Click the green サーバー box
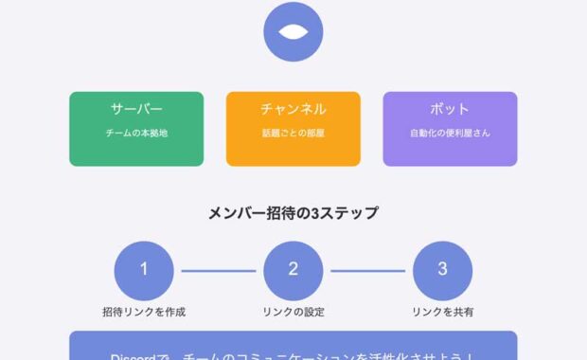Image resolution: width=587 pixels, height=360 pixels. [x=136, y=129]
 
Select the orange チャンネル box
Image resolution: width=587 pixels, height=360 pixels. [x=293, y=129]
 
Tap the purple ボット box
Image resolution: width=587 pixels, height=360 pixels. [x=450, y=129]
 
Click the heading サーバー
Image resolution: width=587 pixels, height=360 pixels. [x=136, y=109]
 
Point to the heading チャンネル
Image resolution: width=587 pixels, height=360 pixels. [x=293, y=109]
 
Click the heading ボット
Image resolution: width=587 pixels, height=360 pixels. [x=450, y=109]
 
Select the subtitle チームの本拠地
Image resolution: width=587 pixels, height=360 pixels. [x=136, y=134]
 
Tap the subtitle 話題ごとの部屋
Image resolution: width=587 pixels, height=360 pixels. [x=293, y=134]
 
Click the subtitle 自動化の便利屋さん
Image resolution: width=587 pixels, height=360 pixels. [x=450, y=134]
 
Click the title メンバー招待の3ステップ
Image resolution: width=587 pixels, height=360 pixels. [x=293, y=213]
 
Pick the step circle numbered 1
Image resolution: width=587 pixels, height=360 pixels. [x=144, y=269]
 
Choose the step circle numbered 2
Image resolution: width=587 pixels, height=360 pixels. [x=293, y=269]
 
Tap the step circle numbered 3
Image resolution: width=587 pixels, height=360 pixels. [x=442, y=269]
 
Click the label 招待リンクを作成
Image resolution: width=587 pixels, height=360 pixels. [x=144, y=312]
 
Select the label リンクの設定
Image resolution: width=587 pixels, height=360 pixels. [x=293, y=312]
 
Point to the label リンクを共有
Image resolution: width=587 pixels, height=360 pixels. [x=442, y=312]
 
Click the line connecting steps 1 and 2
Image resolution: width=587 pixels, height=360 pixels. [x=218, y=270]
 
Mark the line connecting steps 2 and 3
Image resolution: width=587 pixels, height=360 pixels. [x=367, y=270]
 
